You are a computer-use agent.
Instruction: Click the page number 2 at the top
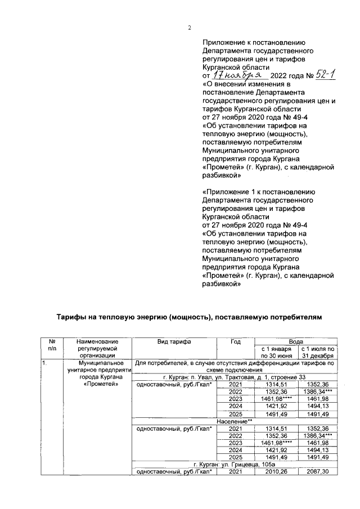[x=190, y=29]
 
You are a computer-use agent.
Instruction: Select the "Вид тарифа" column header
[x=174, y=341]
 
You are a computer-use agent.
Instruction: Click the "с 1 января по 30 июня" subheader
[x=275, y=352]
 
